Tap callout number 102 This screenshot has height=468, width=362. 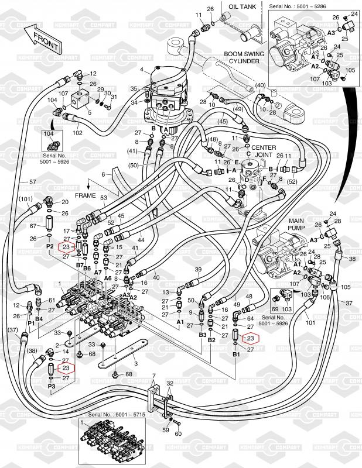tap(77, 132)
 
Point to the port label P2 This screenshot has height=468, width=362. tap(50, 247)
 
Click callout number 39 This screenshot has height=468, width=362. tap(198, 269)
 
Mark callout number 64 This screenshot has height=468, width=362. tap(250, 318)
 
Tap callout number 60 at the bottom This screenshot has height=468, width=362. tap(178, 433)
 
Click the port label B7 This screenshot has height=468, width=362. tap(80, 266)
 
